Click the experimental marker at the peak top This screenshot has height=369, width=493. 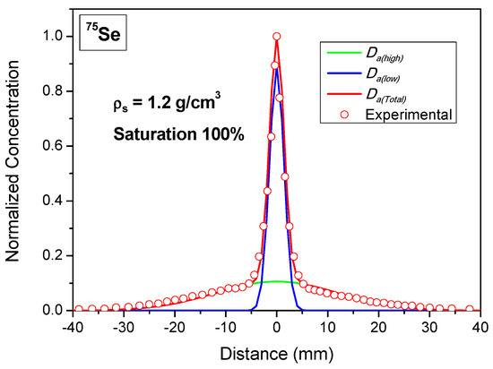(x=277, y=37)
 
